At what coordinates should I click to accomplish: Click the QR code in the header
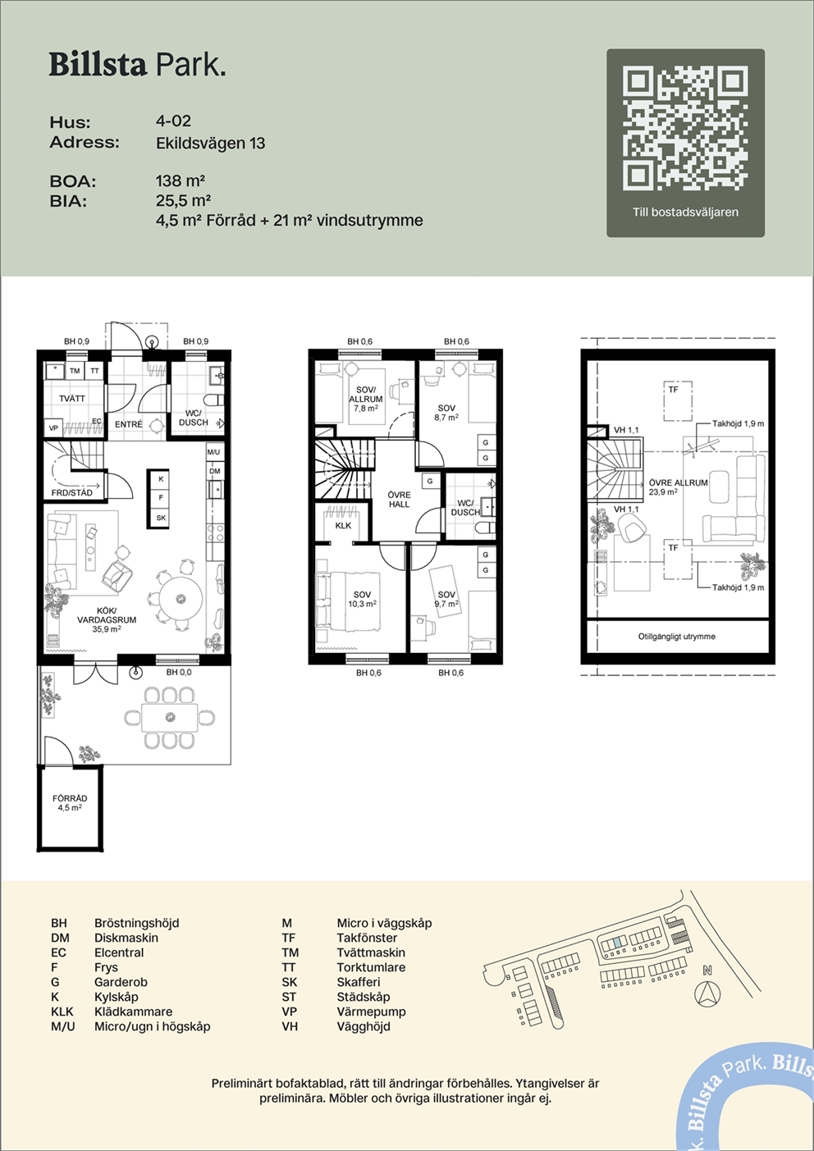(685, 130)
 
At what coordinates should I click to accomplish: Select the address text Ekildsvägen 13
(211, 143)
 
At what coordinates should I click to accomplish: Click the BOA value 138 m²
(181, 180)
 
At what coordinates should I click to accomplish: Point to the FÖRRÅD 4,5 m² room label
(70, 802)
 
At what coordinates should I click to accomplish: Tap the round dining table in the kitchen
(181, 598)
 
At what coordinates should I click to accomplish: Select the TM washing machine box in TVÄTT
(75, 371)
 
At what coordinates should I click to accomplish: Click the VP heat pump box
(53, 427)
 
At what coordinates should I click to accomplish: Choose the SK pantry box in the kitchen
(161, 518)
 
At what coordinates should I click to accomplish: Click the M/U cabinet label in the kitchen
(214, 452)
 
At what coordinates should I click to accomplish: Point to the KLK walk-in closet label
(343, 525)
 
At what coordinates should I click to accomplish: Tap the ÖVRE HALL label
(400, 500)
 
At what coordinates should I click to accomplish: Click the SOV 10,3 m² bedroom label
(363, 599)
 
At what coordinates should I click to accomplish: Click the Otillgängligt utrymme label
(677, 636)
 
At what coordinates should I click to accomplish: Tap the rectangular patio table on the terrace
(170, 718)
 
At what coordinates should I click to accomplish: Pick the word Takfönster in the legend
(367, 938)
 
